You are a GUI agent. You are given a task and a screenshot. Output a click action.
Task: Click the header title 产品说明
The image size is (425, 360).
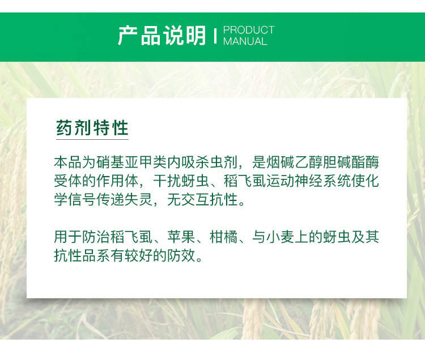click(162, 36)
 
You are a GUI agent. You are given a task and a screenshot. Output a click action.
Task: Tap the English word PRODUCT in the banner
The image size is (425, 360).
click(249, 30)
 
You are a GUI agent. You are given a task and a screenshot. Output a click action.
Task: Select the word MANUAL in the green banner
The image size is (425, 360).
click(245, 41)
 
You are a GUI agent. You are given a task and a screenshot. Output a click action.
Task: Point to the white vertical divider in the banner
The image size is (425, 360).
click(215, 36)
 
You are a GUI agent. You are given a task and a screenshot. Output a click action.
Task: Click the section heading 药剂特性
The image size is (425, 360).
click(92, 127)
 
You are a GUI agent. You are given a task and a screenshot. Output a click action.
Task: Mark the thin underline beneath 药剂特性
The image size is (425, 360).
click(92, 139)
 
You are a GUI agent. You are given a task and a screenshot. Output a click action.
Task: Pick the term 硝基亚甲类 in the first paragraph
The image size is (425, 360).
click(131, 162)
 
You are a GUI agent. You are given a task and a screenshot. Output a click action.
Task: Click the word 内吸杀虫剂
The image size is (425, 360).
click(202, 162)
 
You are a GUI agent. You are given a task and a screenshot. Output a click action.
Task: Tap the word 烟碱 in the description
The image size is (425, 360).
click(280, 162)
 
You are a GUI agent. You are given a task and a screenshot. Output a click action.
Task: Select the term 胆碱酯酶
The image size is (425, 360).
click(351, 162)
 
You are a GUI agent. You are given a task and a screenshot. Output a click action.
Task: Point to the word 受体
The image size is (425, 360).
click(68, 181)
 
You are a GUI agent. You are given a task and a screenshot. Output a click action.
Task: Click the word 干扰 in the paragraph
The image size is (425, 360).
click(167, 181)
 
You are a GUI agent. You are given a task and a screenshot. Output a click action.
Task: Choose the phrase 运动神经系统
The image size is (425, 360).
click(308, 181)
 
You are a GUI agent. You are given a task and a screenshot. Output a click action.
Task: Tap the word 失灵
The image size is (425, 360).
click(139, 199)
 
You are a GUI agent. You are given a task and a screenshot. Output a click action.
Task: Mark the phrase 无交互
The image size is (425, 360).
click(188, 199)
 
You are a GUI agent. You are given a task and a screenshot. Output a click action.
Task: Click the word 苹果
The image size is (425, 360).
click(181, 237)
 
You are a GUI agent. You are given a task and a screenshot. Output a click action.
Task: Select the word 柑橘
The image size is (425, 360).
click(223, 237)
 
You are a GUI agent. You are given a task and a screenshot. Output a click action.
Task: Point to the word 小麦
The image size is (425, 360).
click(280, 237)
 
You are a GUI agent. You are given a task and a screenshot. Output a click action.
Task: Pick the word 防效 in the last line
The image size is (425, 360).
click(181, 255)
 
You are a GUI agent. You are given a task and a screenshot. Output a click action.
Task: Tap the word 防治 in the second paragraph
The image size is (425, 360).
click(96, 237)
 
